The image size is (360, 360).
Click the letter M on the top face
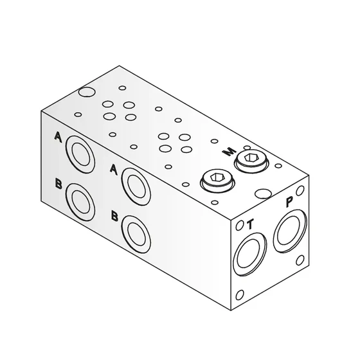point(227,152)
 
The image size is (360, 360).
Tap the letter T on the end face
point(250,224)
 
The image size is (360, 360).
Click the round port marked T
point(249,253)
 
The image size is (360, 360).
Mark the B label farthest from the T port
point(59,184)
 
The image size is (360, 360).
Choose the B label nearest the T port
point(114,216)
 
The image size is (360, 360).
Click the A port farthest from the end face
point(81,153)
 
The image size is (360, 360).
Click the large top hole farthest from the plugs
point(83,94)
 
